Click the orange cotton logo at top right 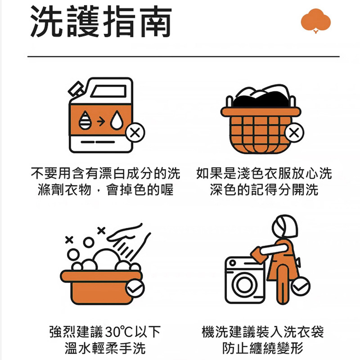(x=316, y=21)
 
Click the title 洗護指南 (x=101, y=21)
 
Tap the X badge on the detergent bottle (x=135, y=132)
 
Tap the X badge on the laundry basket (x=294, y=132)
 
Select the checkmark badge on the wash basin (x=135, y=288)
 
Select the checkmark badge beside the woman (x=301, y=286)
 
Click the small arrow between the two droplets (x=101, y=121)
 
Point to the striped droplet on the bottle (x=85, y=120)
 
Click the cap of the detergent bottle (x=76, y=89)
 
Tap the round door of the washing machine (x=245, y=284)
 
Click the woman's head (x=285, y=227)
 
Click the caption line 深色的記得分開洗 (x=264, y=189)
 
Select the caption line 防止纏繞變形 (x=263, y=348)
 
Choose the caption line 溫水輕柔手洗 (x=105, y=348)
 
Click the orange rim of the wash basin (x=101, y=276)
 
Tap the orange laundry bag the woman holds (x=258, y=254)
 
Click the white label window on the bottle (x=109, y=91)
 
